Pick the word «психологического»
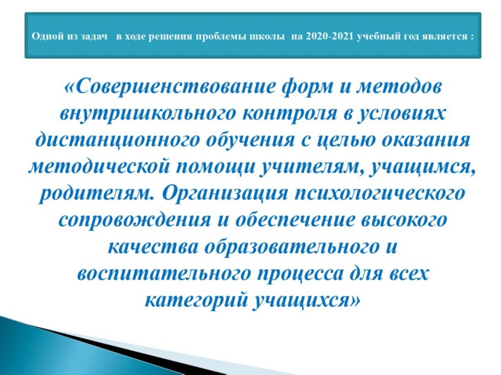(x=380, y=192)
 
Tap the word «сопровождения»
(x=135, y=220)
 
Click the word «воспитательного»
(x=163, y=273)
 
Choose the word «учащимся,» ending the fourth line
(x=422, y=166)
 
